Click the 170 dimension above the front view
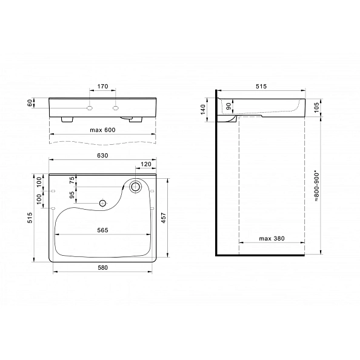point(102,87)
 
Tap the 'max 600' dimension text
point(102,130)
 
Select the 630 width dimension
point(102,156)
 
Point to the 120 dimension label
point(146,164)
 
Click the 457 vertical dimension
point(164,218)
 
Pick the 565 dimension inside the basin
point(102,230)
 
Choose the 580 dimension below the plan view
point(102,268)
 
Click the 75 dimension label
point(72,180)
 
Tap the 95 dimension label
point(72,195)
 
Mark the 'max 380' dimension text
point(272,239)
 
